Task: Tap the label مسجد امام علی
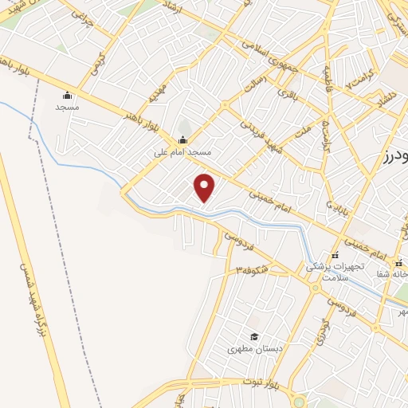click(x=183, y=151)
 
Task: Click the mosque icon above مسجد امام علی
click(x=182, y=141)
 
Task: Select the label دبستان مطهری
click(x=250, y=349)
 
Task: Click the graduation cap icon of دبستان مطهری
click(x=254, y=337)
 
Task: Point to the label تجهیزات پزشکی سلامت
click(x=336, y=270)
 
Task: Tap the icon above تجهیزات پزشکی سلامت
click(x=335, y=255)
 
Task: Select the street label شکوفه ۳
click(x=250, y=271)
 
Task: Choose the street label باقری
click(x=285, y=92)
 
